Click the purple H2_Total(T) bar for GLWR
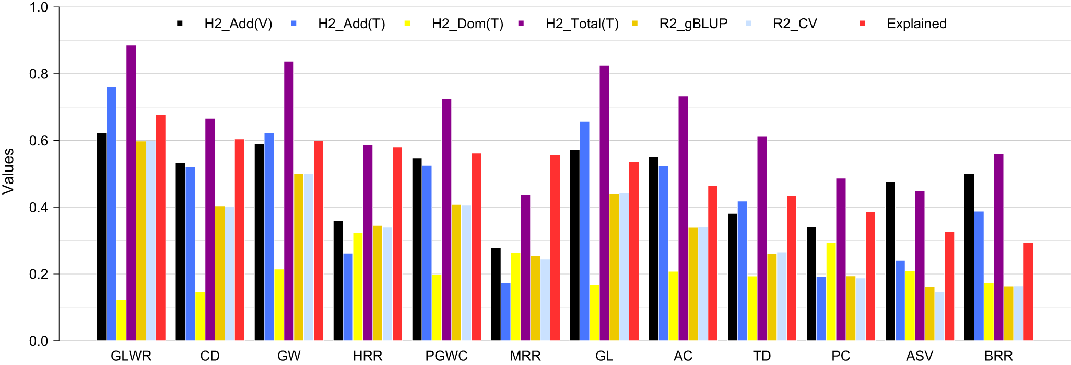pyautogui.click(x=131, y=193)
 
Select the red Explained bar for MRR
pyautogui.click(x=555, y=248)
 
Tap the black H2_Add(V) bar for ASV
pyautogui.click(x=890, y=261)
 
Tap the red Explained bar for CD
pyautogui.click(x=240, y=240)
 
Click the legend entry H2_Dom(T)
pyautogui.click(x=467, y=24)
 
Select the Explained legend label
pyautogui.click(x=916, y=24)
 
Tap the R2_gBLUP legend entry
pyautogui.click(x=693, y=24)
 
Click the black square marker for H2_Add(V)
pyautogui.click(x=180, y=24)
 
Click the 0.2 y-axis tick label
pyautogui.click(x=39, y=275)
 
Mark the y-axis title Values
pyautogui.click(x=9, y=172)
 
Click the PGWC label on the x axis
pyautogui.click(x=446, y=356)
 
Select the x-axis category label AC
pyautogui.click(x=682, y=356)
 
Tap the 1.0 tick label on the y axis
pyautogui.click(x=39, y=8)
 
